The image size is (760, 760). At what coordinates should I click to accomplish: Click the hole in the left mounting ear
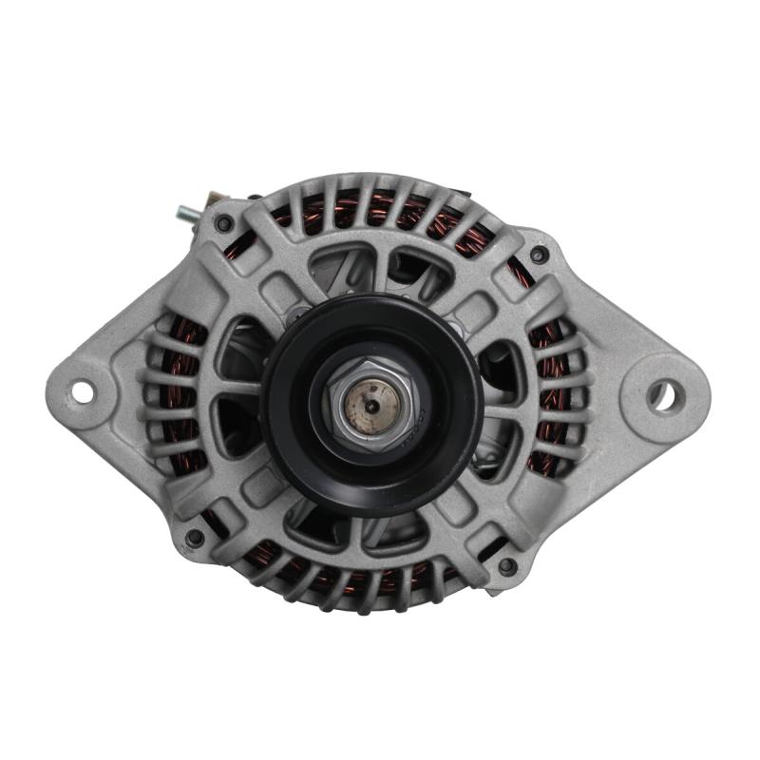[83, 390]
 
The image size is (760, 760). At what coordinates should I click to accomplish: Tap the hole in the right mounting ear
[663, 393]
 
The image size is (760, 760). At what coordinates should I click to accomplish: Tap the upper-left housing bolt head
[224, 224]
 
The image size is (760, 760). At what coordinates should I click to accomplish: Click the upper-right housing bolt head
[539, 255]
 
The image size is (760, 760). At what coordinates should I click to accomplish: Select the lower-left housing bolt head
[195, 538]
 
